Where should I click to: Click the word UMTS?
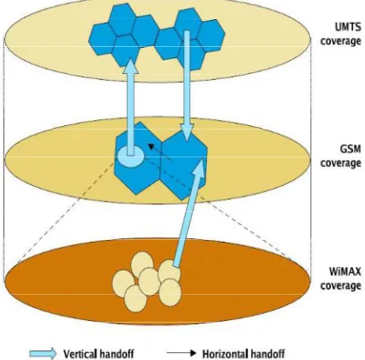pyautogui.click(x=348, y=27)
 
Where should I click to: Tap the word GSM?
pyautogui.click(x=350, y=149)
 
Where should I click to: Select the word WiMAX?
pyautogui.click(x=345, y=271)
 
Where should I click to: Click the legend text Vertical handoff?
pyautogui.click(x=98, y=354)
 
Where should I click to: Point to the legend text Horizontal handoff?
pyautogui.click(x=243, y=354)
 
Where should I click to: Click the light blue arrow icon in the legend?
pyautogui.click(x=43, y=354)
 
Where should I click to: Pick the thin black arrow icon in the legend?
pyautogui.click(x=182, y=353)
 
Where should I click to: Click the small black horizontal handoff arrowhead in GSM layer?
pyautogui.click(x=151, y=146)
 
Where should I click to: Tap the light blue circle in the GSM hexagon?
pyautogui.click(x=130, y=156)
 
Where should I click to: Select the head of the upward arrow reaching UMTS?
pyautogui.click(x=130, y=66)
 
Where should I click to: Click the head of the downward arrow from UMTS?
pyautogui.click(x=187, y=132)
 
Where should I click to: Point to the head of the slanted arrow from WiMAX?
pyautogui.click(x=199, y=165)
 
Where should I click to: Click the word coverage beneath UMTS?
pyautogui.click(x=341, y=41)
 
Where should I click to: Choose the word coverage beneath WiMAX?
pyautogui.click(x=341, y=285)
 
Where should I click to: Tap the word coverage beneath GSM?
pyautogui.click(x=341, y=163)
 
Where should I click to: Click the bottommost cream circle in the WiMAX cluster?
pyautogui.click(x=136, y=298)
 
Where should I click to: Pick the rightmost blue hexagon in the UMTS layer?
pyautogui.click(x=213, y=36)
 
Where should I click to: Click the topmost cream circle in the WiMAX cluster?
pyautogui.click(x=142, y=263)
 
